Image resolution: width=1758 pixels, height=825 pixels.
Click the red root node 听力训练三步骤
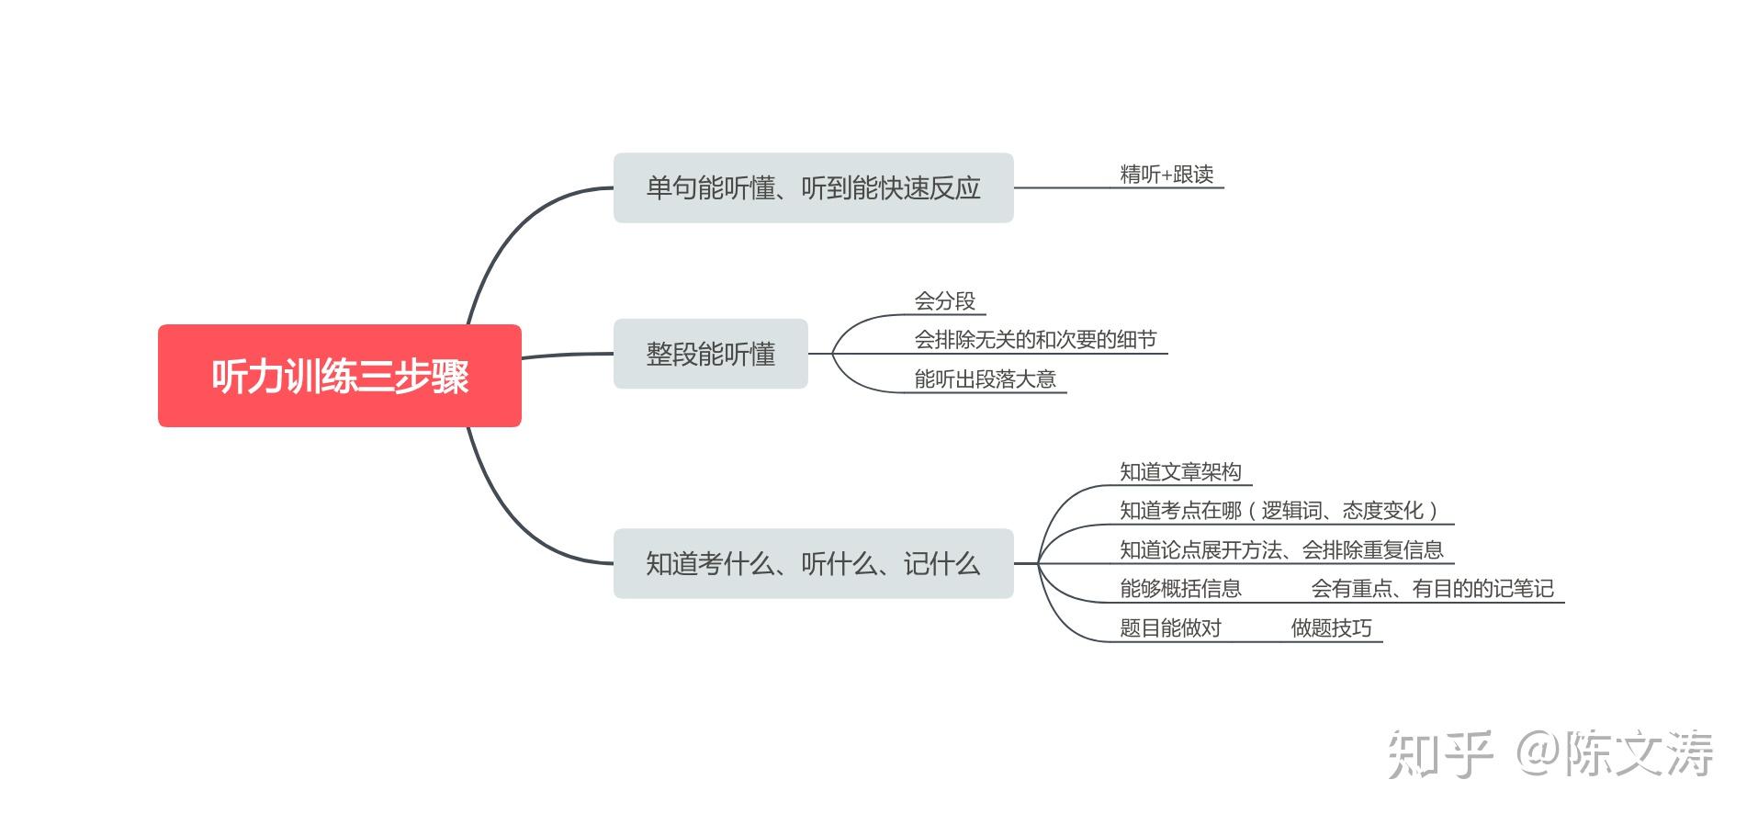point(339,376)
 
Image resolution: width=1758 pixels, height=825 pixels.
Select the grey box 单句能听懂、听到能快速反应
point(813,187)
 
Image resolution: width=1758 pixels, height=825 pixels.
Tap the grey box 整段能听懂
point(710,354)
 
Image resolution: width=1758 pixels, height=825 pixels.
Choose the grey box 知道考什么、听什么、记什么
point(813,563)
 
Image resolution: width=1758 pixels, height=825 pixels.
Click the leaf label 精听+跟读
point(1166,175)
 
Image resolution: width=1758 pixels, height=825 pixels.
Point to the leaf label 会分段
point(944,301)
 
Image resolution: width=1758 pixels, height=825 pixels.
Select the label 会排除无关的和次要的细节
point(1035,340)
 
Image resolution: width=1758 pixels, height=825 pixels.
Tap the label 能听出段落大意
point(985,379)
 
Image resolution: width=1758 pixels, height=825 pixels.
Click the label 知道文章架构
point(1180,472)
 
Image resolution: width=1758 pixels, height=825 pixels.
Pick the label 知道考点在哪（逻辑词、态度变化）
point(1278,511)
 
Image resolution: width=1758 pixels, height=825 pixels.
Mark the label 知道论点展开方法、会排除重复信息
point(1281,550)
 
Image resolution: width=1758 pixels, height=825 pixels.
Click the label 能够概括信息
point(1180,589)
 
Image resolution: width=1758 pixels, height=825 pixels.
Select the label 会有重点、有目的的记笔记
point(1432,589)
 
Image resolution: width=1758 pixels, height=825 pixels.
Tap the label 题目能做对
point(1170,628)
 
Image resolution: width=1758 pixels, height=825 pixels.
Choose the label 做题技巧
point(1331,628)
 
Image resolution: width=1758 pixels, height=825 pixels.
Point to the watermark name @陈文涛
point(1615,754)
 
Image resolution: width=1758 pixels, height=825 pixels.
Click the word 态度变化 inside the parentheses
point(1382,511)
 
